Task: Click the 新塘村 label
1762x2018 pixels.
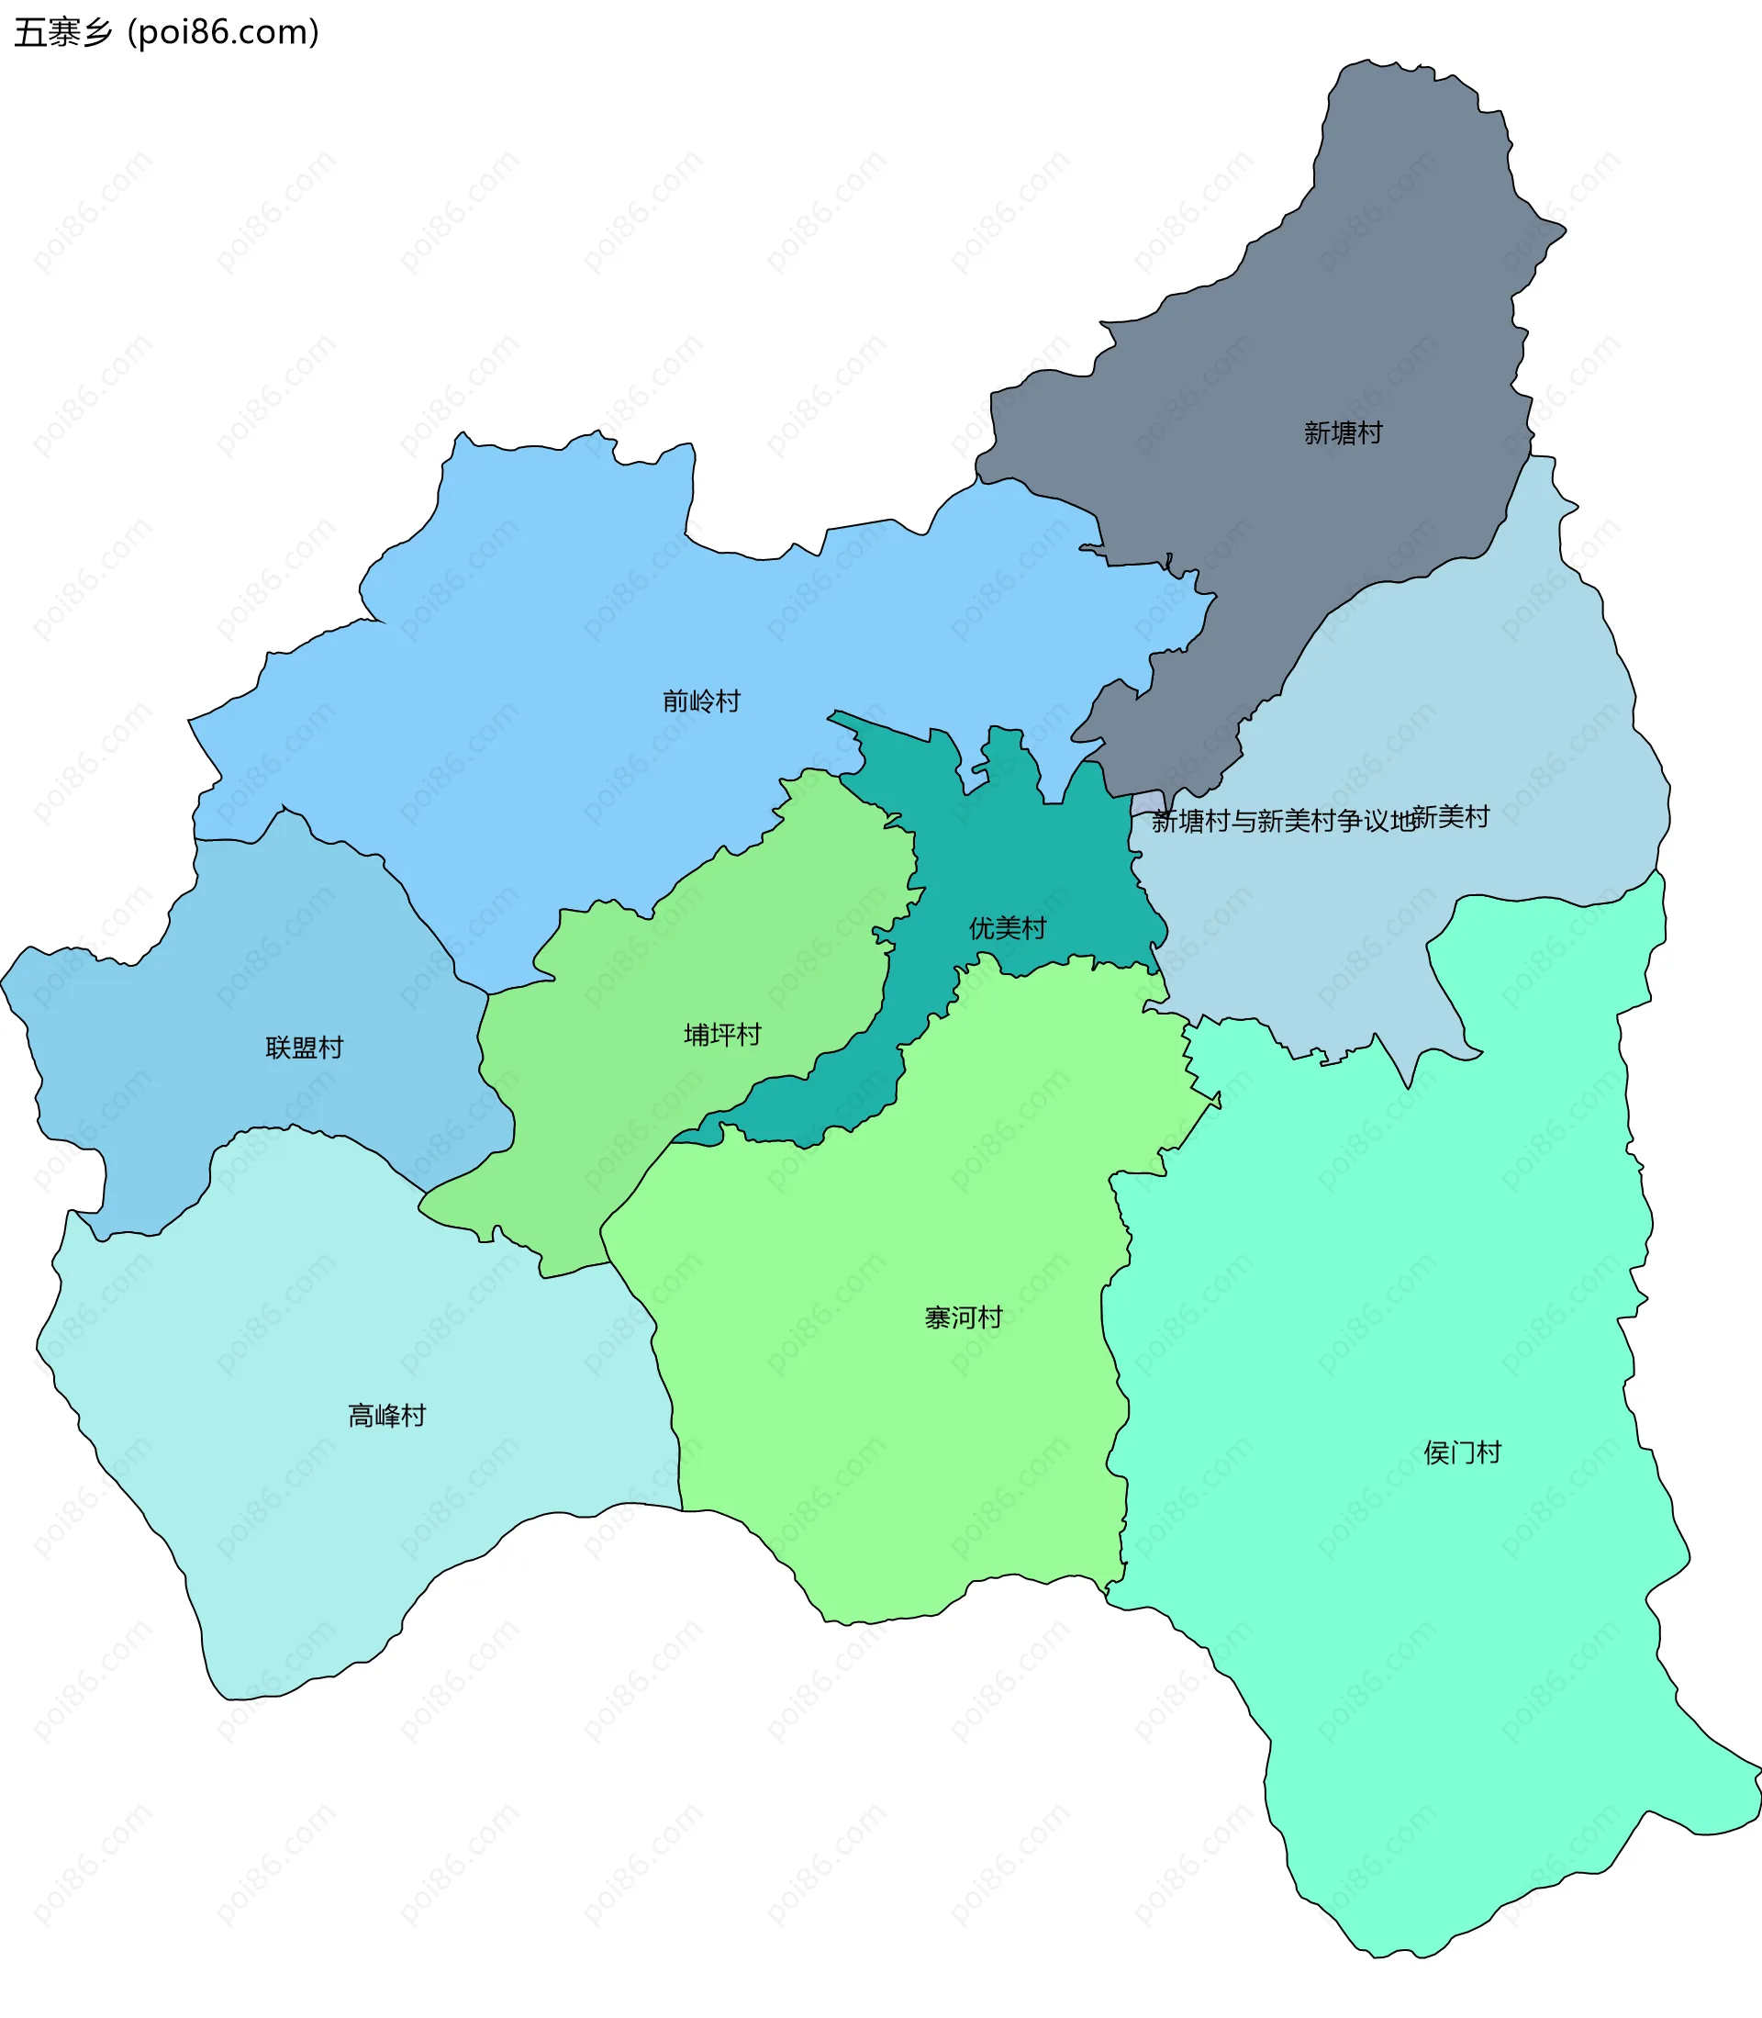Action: coord(1344,432)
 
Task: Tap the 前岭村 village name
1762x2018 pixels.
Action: coord(701,701)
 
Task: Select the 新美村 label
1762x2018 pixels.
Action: coord(1452,816)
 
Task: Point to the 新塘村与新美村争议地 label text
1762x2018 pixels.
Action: coord(1283,821)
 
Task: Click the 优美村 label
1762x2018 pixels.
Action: coord(1008,927)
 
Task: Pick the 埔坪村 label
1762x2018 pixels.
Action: coord(723,1035)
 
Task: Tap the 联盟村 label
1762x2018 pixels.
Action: coord(305,1048)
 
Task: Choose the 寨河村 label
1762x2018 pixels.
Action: coord(964,1317)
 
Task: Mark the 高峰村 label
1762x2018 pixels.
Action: coord(387,1416)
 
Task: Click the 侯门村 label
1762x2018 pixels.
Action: coord(1463,1453)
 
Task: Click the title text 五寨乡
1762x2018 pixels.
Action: coord(64,32)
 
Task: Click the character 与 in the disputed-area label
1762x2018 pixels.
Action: coord(1243,821)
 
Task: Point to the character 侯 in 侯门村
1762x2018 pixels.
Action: coord(1437,1453)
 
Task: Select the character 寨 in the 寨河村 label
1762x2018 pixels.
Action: coord(938,1317)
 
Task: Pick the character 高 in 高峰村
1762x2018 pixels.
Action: coord(362,1416)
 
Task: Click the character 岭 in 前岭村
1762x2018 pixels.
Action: coord(701,701)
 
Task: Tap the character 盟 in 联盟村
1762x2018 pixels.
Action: coord(305,1048)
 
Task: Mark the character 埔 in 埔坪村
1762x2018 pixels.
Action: coord(697,1035)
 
